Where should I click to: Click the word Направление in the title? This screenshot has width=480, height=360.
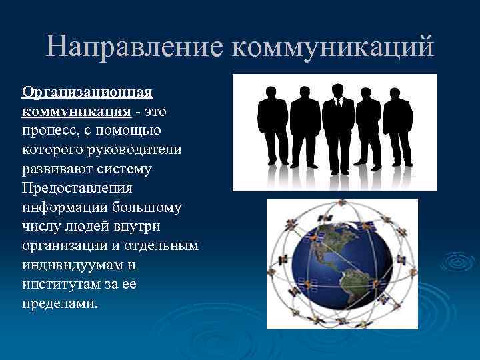pyautogui.click(x=135, y=47)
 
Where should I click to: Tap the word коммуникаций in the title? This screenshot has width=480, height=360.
pyautogui.click(x=333, y=47)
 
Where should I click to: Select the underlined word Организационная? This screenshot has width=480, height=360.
pyautogui.click(x=88, y=91)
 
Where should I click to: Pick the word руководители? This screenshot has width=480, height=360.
pyautogui.click(x=139, y=149)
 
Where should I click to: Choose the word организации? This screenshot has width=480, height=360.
pyautogui.click(x=69, y=246)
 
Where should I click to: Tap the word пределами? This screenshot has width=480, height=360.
pyautogui.click(x=60, y=304)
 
